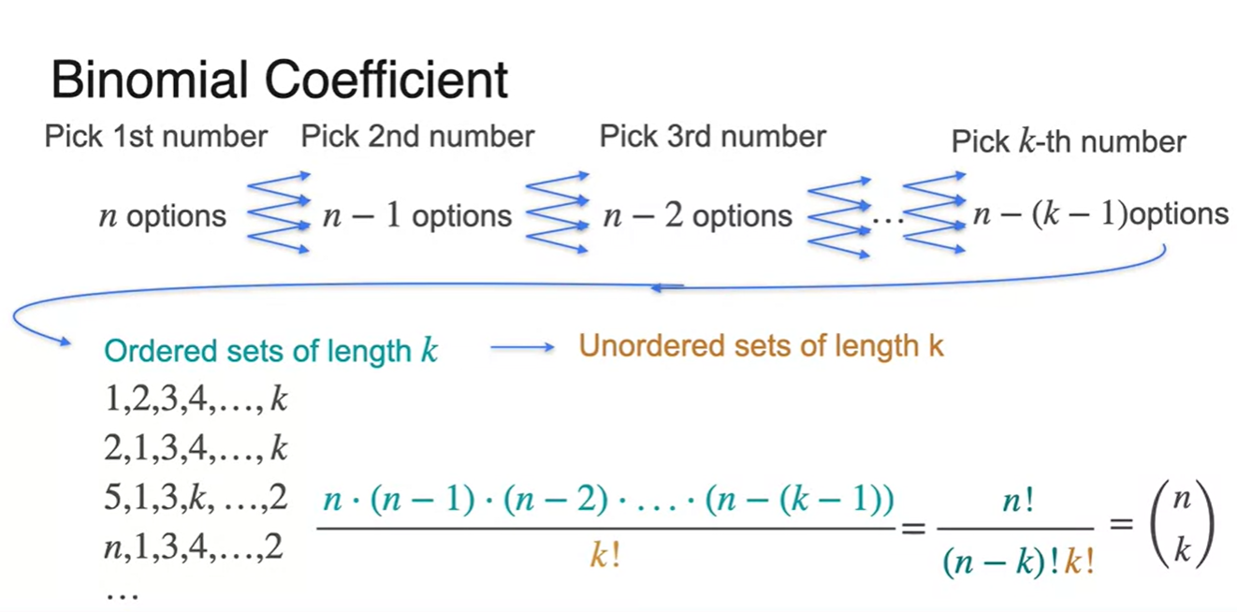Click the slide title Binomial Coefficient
[x=279, y=80]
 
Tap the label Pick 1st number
[x=155, y=137]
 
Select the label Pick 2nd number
[x=417, y=137]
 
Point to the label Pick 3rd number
[x=712, y=137]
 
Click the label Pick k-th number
[x=1069, y=142]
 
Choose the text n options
[x=163, y=217]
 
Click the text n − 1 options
[x=417, y=217]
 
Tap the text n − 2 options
[x=697, y=217]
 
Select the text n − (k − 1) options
[x=1100, y=214]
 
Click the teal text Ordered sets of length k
[x=271, y=351]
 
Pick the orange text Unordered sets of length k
[x=761, y=346]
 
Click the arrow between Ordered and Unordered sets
[x=522, y=348]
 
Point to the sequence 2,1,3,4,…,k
[x=196, y=450]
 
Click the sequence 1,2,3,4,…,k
[x=196, y=401]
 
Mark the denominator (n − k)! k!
[x=1015, y=561]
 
